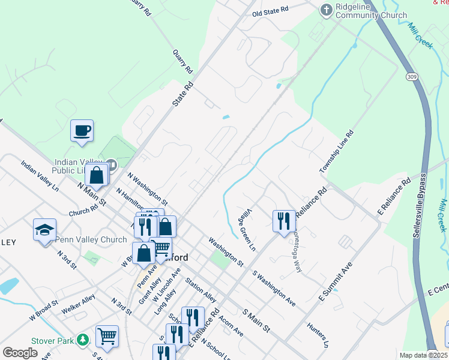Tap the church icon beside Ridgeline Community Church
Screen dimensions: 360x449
326,9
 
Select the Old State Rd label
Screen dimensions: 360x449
270,11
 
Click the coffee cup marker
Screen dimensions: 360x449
82,130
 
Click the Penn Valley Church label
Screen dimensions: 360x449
91,239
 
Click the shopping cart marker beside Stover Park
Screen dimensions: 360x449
107,336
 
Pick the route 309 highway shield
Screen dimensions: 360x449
411,77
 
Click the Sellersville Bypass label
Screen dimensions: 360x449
420,206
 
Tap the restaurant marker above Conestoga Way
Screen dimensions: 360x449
284,220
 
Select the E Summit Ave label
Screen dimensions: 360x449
335,280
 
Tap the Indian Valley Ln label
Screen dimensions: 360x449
40,175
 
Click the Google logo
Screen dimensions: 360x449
20,352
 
